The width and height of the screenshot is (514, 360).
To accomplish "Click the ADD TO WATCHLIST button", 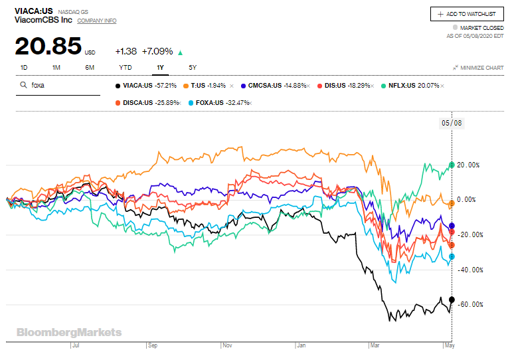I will pos(467,14).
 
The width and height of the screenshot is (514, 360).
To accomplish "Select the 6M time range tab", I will pos(90,67).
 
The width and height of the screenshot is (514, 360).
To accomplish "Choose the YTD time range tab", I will pos(126,67).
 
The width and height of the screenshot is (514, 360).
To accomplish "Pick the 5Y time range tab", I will pos(193,67).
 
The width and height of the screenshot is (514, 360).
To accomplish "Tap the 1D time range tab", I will pos(24,67).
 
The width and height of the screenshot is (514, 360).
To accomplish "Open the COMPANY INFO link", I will pos(96,21).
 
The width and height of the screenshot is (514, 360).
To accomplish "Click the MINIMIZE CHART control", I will pos(478,68).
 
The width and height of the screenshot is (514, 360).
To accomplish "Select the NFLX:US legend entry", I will pos(413,86).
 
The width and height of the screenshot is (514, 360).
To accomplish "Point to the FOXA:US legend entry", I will pos(213,102).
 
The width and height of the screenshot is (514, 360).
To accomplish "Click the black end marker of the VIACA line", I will pos(452,300).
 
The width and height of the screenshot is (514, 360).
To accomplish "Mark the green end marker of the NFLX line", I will pos(452,165).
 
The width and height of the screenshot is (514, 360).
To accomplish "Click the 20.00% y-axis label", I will pos(470,165).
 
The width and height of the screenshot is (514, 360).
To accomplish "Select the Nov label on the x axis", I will pos(228,346).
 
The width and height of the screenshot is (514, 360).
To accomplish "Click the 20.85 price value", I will pos(47,48).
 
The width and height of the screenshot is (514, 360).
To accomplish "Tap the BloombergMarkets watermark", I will pos(69,332).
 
